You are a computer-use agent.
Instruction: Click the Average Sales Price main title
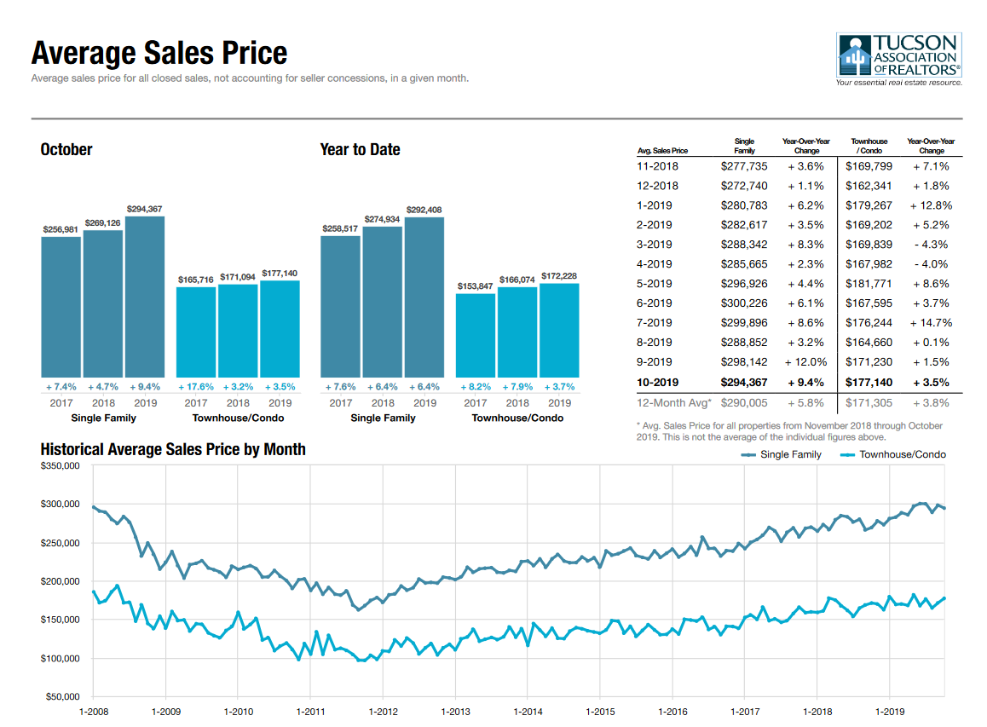tap(159, 54)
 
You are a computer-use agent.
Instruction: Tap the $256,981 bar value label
tap(61, 229)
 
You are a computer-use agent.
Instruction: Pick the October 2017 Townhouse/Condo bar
tap(196, 332)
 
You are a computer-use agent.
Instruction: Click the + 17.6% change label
tap(196, 386)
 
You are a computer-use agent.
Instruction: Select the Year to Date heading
tap(360, 149)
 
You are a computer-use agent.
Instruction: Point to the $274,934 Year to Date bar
tap(382, 302)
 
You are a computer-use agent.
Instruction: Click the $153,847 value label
tap(475, 286)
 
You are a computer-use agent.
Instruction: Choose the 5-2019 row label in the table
tap(655, 284)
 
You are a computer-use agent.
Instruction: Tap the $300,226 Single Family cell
tap(744, 303)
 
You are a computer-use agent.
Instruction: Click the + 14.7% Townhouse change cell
tap(931, 323)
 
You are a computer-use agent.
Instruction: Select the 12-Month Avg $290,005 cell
tap(744, 402)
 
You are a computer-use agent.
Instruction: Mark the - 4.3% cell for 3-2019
tap(931, 245)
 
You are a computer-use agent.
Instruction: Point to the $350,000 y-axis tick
tap(60, 466)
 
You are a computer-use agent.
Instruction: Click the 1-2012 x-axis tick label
tap(383, 711)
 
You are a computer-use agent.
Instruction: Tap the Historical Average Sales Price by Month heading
tap(173, 449)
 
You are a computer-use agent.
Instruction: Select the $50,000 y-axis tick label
tap(62, 698)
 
